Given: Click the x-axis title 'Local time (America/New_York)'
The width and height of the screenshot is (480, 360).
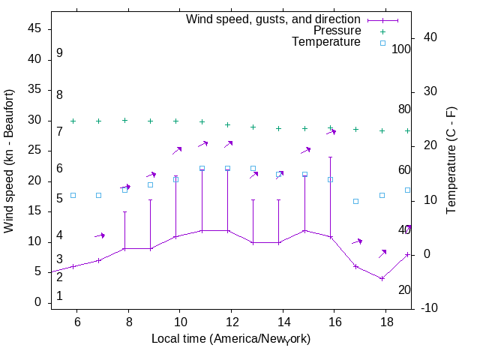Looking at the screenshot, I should [231, 339].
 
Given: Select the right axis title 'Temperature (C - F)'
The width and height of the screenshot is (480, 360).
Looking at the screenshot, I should [452, 160].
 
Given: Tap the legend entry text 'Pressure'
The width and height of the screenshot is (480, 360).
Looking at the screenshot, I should [337, 31].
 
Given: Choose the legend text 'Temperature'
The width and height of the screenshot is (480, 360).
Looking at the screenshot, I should [326, 42].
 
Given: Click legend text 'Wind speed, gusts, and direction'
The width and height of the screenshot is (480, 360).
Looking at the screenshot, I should [274, 19].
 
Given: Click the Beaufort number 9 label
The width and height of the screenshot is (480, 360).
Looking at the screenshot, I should [59, 53].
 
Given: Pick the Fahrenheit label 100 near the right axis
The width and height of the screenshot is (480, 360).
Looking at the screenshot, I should [402, 49].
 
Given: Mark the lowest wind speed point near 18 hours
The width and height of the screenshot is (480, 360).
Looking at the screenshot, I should [382, 278].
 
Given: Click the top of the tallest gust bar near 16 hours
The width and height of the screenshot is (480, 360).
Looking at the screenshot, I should [331, 157].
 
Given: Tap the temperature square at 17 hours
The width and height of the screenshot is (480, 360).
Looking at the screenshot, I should [356, 201].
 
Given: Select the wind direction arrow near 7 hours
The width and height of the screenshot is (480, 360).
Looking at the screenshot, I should [100, 235].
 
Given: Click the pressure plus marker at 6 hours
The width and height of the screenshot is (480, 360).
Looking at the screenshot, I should [73, 121].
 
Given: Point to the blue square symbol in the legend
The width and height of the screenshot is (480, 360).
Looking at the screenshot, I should [382, 43].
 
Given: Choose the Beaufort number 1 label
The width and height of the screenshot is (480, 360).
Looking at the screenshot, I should [59, 296].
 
